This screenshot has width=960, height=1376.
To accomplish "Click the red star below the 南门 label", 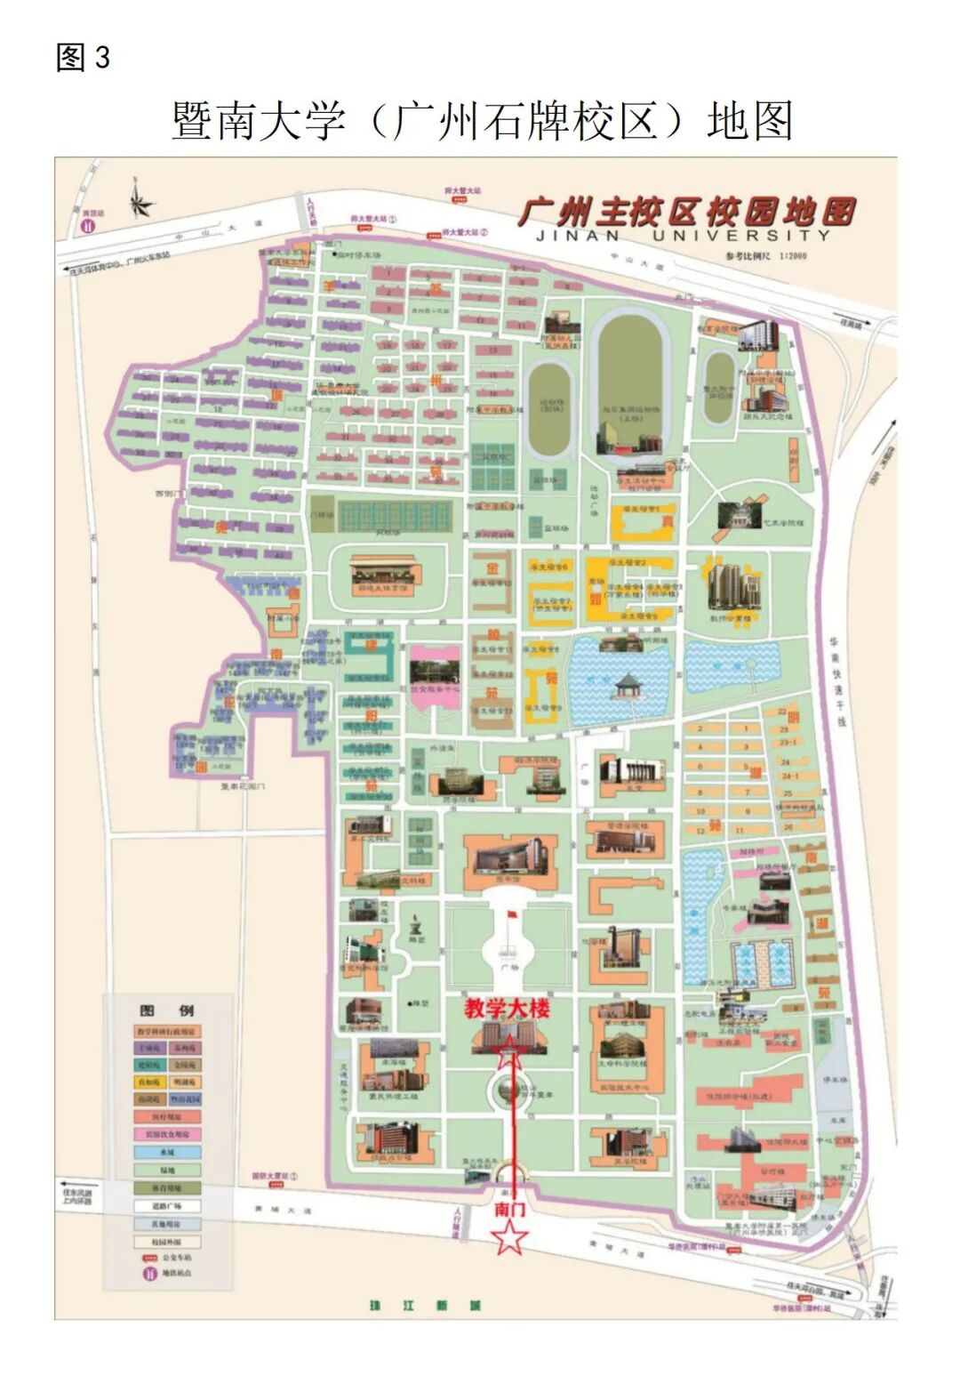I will pyautogui.click(x=509, y=1236).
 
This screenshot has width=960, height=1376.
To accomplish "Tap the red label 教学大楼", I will pyautogui.click(x=507, y=1009).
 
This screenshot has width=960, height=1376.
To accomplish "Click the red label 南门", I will pyautogui.click(x=509, y=1209).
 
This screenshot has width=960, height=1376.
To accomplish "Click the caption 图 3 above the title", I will pyautogui.click(x=83, y=58).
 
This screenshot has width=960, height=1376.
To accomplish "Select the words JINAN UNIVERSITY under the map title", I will pyautogui.click(x=683, y=236).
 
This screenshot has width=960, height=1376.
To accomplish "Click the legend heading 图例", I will pyautogui.click(x=167, y=1010).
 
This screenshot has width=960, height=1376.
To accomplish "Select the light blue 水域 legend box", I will pyautogui.click(x=167, y=1152).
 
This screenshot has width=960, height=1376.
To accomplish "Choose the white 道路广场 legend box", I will pyautogui.click(x=167, y=1206).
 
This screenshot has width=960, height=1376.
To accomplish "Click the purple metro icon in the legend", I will pyautogui.click(x=147, y=1274).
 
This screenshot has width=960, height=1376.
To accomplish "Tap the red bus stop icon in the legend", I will pyautogui.click(x=148, y=1258).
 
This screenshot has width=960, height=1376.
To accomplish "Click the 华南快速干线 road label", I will pyautogui.click(x=836, y=680).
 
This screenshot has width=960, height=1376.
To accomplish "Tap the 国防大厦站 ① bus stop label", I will pyautogui.click(x=275, y=1176).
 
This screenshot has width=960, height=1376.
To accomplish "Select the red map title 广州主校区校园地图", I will pyautogui.click(x=686, y=213).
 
